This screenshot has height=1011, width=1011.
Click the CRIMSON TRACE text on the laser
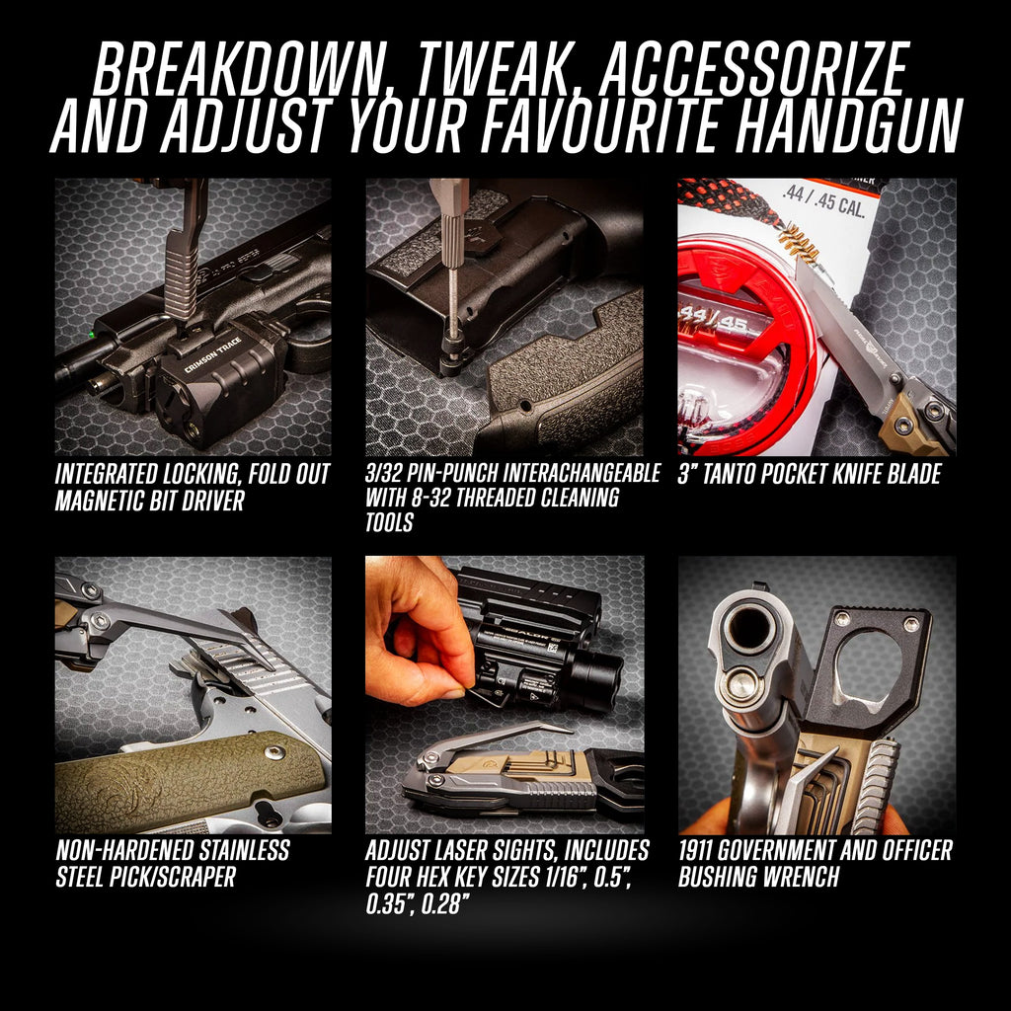(213, 355)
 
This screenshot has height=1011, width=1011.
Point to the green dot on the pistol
(92, 334)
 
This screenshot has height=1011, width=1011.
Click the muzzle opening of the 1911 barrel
(748, 624)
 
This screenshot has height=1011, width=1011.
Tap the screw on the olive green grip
(275, 753)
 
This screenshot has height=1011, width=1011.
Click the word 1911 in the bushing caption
(695, 850)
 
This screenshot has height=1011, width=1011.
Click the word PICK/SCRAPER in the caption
(183, 877)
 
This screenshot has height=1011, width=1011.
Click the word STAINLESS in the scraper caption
(244, 850)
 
